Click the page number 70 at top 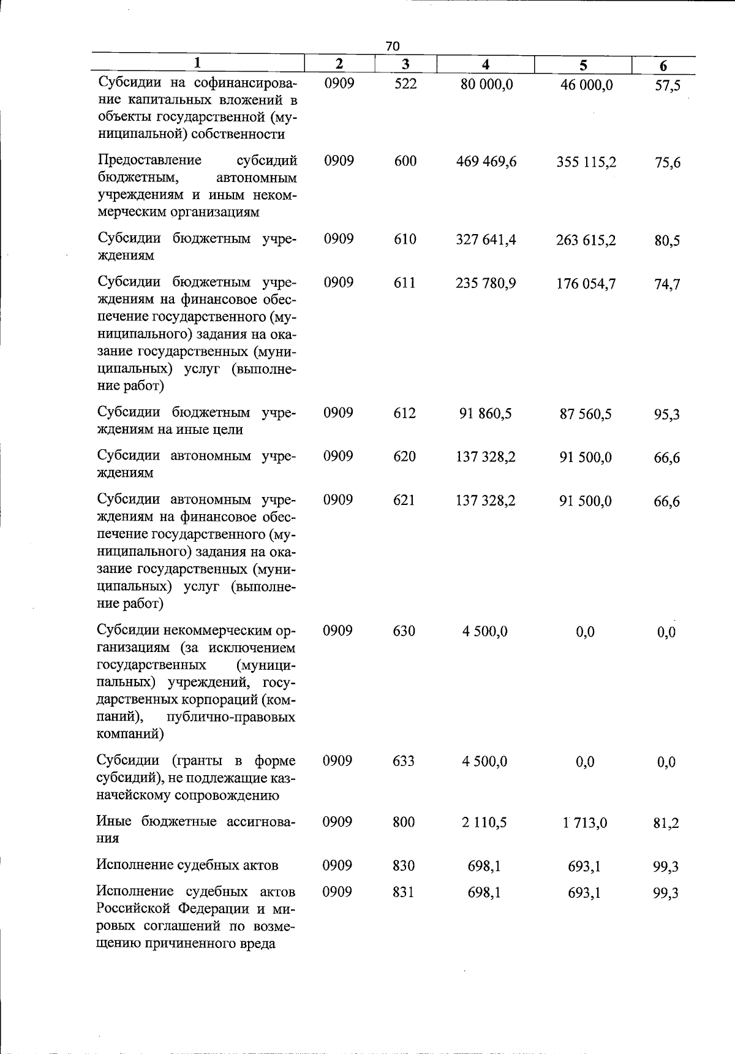393,46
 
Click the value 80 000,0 486,85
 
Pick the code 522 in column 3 405,83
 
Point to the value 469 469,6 486,162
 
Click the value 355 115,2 586,162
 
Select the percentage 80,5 667,241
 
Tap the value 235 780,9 486,284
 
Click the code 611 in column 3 405,283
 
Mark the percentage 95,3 667,415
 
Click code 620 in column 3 405,457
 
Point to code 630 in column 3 404,631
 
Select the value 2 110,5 484,822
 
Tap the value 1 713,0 585,823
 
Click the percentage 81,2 666,824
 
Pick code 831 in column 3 404,892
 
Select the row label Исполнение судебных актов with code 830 187,865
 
